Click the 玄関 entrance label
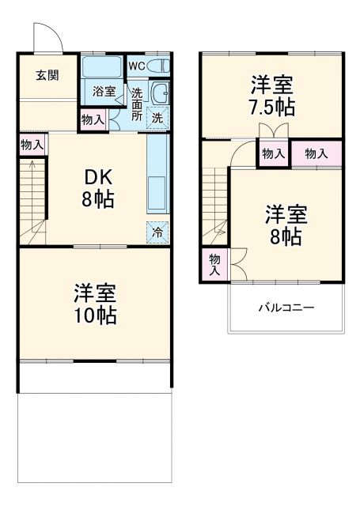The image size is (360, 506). (x=46, y=75)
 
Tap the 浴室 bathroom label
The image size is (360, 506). (x=103, y=91)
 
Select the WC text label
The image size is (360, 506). (x=135, y=66)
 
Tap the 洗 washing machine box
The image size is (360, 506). (x=157, y=118)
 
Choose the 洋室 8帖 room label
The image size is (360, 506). (x=285, y=225)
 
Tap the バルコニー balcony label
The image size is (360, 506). (x=286, y=307)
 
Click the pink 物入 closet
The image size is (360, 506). (x=316, y=153)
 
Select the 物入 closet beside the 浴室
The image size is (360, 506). (x=93, y=120)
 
